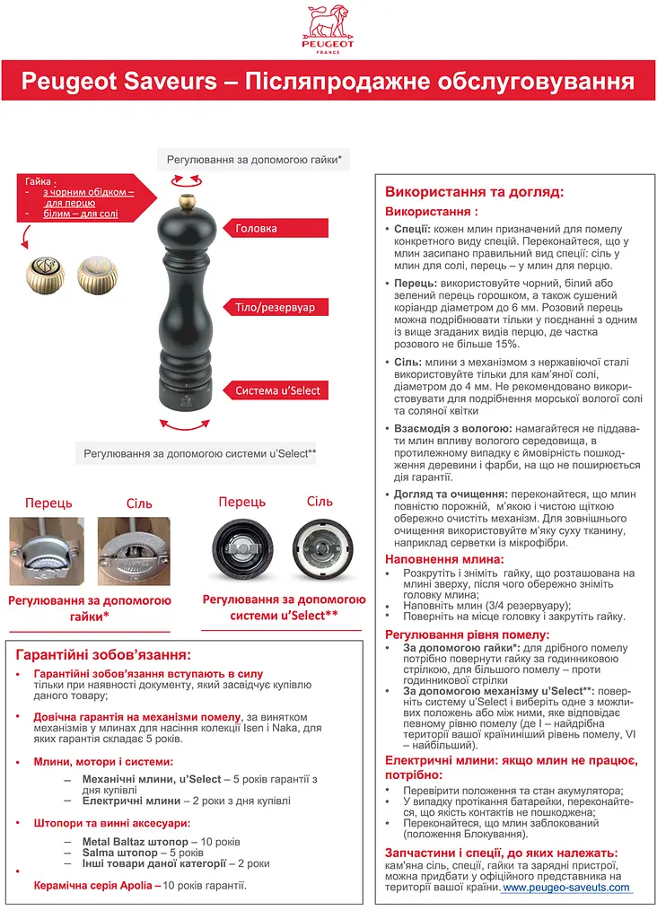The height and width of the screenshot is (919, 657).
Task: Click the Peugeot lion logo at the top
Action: click(329, 27)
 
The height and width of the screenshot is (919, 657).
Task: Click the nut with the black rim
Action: click(46, 275)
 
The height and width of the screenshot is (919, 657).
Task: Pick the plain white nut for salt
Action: click(97, 275)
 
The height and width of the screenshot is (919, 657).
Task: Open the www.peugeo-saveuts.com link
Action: click(565, 887)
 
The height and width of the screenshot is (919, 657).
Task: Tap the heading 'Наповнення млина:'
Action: click(444, 559)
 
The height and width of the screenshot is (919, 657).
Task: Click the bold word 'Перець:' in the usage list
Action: click(415, 282)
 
